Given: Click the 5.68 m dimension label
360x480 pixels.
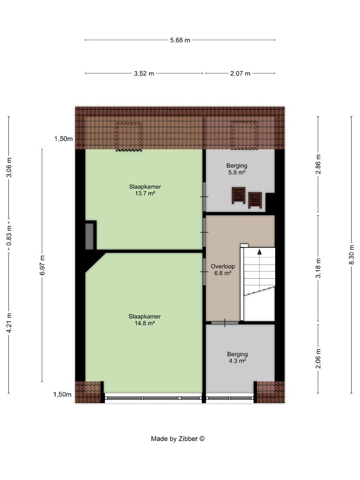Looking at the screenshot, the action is click(x=180, y=40).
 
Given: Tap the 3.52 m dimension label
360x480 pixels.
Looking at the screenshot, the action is click(x=144, y=73).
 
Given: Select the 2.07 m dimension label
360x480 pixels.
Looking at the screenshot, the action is click(x=240, y=73).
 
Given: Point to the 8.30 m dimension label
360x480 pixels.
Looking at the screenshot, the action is click(x=352, y=255).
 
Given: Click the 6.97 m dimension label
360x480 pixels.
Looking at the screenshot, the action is click(x=42, y=265).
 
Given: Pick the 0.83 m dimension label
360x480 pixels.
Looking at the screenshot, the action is click(x=9, y=236).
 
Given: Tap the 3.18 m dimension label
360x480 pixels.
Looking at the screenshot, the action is click(x=318, y=268).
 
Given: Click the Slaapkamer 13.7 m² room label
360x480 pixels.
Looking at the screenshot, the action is click(x=145, y=190).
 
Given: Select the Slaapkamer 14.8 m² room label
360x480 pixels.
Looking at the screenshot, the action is click(x=144, y=320).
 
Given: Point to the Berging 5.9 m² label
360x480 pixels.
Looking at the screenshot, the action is click(x=236, y=169).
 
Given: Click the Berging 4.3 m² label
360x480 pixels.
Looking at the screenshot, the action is click(x=237, y=357).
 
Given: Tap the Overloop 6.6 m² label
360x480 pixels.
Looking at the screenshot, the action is click(x=223, y=270).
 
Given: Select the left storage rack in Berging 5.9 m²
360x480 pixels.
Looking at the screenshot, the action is click(x=239, y=195).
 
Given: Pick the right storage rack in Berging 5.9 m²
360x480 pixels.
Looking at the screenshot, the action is click(x=255, y=200).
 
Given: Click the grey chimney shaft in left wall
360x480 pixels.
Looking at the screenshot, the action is click(x=89, y=236).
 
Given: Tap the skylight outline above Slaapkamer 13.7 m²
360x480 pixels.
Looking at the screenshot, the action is click(x=129, y=136).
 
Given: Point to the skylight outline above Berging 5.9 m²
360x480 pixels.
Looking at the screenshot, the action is click(x=244, y=135).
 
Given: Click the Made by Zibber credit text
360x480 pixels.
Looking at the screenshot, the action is click(x=177, y=439).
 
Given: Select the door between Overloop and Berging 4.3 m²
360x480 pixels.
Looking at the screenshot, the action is click(x=225, y=323).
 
